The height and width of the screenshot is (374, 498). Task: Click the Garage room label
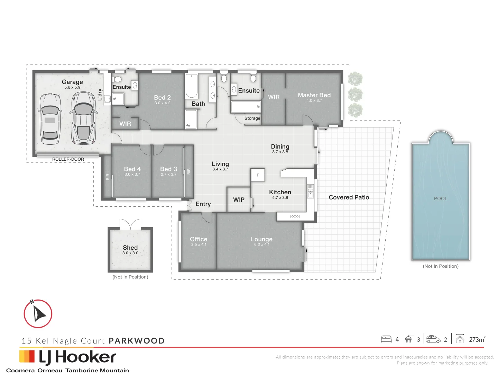pyautogui.click(x=72, y=82)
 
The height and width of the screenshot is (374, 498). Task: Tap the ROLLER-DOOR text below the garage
pyautogui.click(x=68, y=159)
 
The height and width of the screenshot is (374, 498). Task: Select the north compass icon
pyautogui.click(x=38, y=314)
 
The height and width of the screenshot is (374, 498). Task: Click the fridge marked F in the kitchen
pyautogui.click(x=258, y=175)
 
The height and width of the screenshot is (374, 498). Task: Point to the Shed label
pyautogui.click(x=130, y=248)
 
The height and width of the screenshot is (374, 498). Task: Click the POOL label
pyautogui.click(x=441, y=198)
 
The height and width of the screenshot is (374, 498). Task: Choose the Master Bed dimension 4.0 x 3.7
pyautogui.click(x=314, y=101)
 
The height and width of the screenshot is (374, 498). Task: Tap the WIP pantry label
pyautogui.click(x=239, y=200)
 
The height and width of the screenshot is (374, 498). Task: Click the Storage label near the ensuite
pyautogui.click(x=252, y=118)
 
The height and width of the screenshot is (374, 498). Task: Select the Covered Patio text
pyautogui.click(x=349, y=197)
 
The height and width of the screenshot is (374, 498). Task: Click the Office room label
pyautogui.click(x=199, y=239)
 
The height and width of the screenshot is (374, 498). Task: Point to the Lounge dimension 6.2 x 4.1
pyautogui.click(x=262, y=245)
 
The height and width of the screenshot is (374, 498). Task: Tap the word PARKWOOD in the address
pyautogui.click(x=137, y=341)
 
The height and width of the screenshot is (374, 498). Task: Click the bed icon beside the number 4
pyautogui.click(x=386, y=339)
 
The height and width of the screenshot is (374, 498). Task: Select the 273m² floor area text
pyautogui.click(x=477, y=339)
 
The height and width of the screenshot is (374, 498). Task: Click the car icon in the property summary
pyautogui.click(x=433, y=339)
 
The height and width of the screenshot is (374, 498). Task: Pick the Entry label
pyautogui.click(x=203, y=204)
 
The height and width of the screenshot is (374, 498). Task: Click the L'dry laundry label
pyautogui.click(x=100, y=95)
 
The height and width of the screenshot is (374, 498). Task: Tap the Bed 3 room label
pyautogui.click(x=168, y=169)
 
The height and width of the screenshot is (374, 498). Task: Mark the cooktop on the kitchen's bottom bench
pyautogui.click(x=295, y=216)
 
